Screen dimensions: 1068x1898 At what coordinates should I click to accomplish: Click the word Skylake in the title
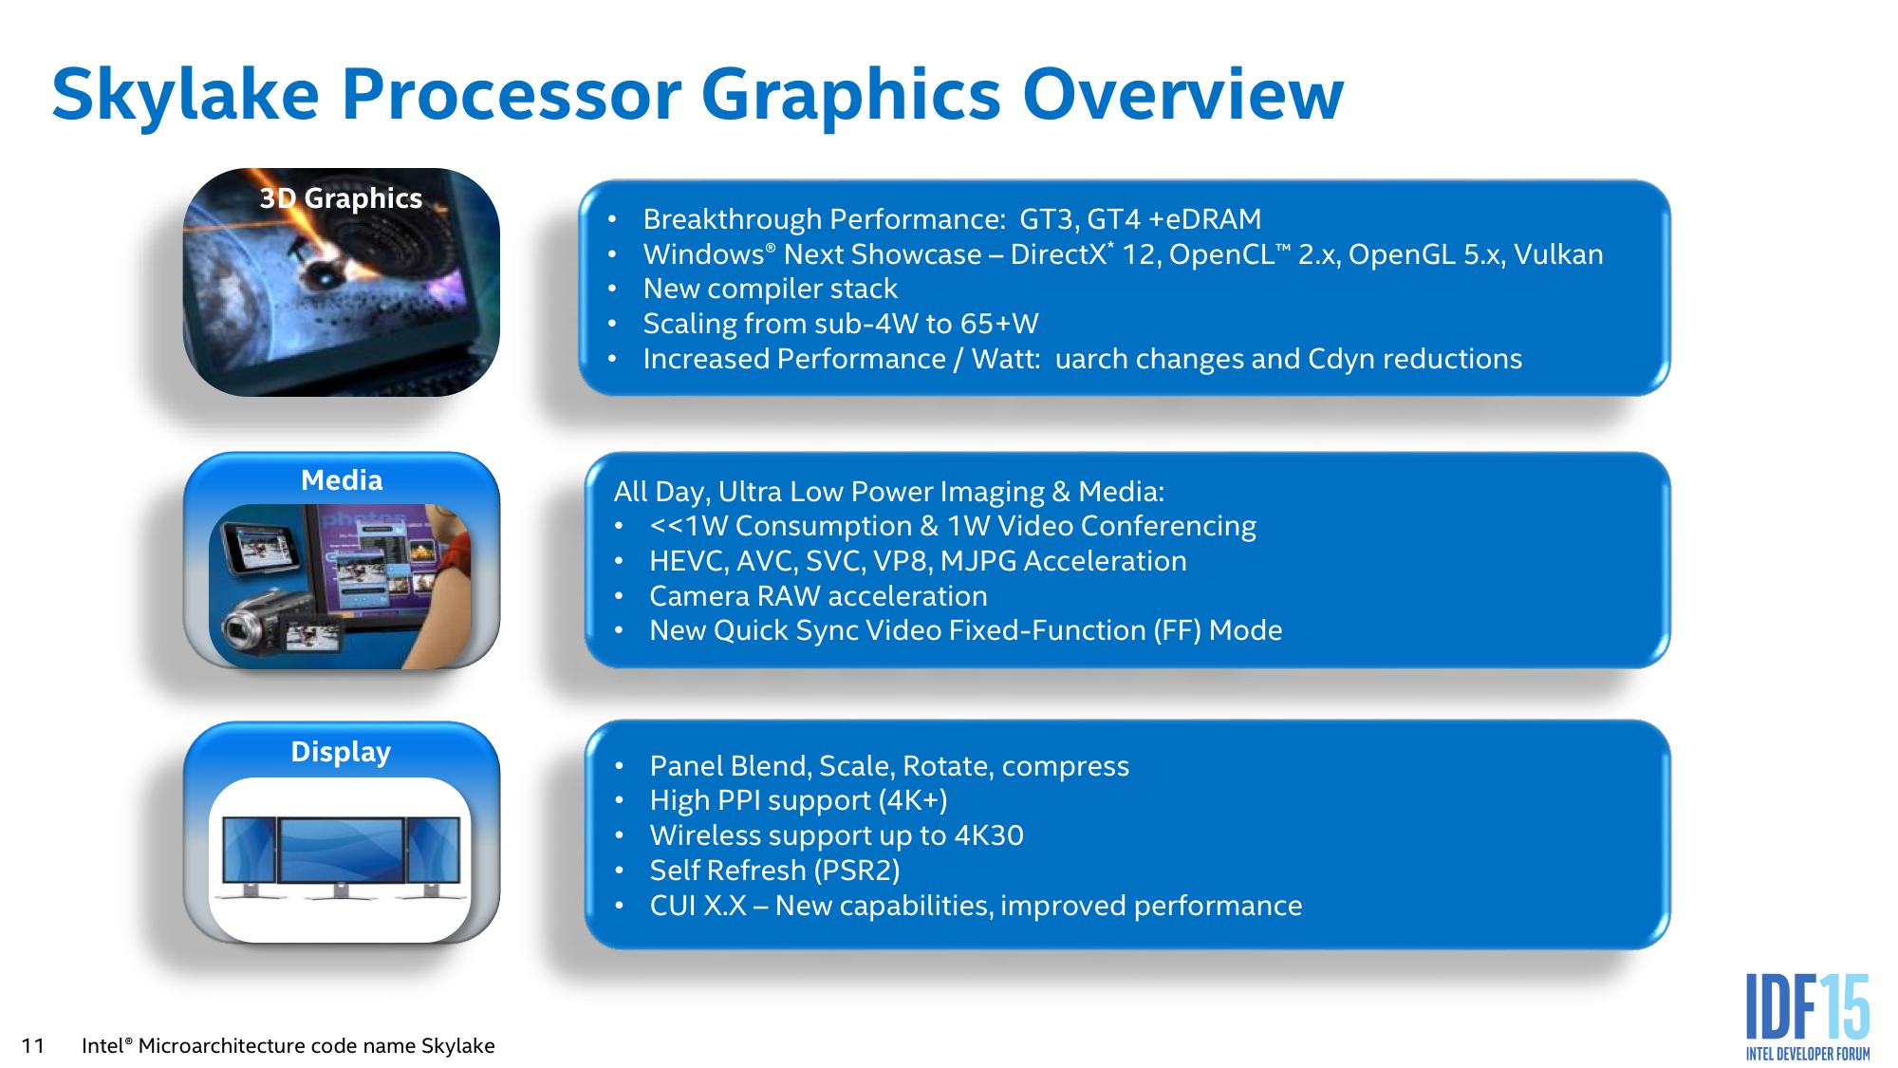pos(185,95)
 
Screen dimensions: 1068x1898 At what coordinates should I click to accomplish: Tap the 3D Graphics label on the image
pos(341,198)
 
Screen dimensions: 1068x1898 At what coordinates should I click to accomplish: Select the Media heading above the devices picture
pos(342,480)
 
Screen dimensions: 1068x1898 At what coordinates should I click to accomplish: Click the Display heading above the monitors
pos(341,752)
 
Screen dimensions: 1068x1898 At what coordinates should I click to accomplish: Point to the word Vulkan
pos(1558,254)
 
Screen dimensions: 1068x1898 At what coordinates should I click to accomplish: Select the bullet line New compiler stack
pos(770,289)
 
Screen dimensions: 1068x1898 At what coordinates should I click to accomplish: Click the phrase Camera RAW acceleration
pos(818,596)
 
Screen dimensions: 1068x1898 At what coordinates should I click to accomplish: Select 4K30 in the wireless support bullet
pos(989,835)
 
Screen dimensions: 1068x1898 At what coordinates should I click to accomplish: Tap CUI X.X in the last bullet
pos(698,906)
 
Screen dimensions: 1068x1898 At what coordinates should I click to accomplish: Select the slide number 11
pos(32,1046)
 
